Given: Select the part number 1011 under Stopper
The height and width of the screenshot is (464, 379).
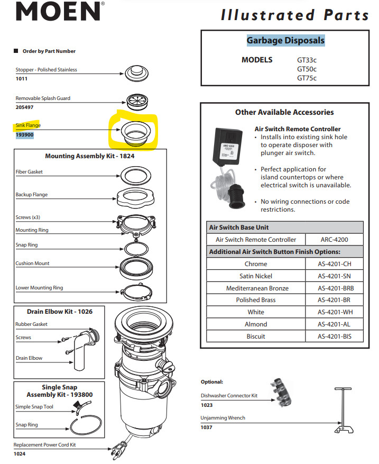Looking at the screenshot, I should tap(21, 79).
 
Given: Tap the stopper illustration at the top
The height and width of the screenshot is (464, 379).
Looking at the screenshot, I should tap(136, 73).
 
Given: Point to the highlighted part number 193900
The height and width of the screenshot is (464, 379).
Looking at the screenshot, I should tap(24, 135).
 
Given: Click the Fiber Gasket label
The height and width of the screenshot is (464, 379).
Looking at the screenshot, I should tap(29, 172).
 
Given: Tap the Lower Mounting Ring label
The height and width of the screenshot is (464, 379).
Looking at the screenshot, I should tap(39, 288).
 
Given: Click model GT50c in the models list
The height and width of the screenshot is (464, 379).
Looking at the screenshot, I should tap(307, 69).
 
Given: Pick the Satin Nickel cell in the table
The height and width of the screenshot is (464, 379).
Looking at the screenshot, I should tap(256, 276).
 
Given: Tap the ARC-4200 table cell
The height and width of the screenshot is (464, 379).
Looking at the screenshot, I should tap(334, 240).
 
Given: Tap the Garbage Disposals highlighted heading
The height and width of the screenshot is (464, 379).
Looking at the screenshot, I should tap(285, 41).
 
